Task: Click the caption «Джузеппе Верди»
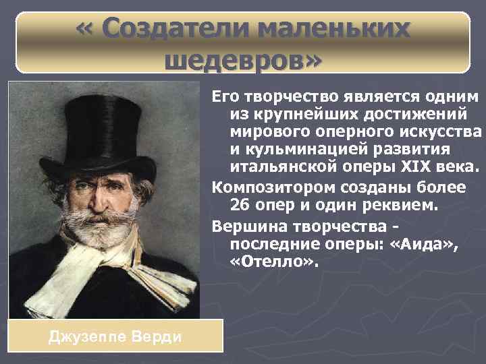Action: [x=115, y=336]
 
